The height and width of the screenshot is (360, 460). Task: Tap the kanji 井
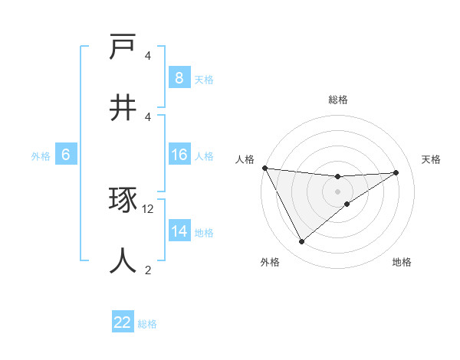coord(123,107)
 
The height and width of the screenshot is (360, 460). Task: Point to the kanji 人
coord(123,260)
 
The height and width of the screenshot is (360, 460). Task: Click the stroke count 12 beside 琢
coord(148,209)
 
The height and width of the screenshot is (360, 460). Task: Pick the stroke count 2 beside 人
coord(148,270)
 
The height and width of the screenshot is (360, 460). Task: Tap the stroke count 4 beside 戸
coord(148,56)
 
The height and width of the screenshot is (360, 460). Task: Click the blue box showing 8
coord(179,77)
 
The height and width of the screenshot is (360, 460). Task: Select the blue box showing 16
coord(179,155)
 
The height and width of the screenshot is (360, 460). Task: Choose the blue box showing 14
coord(179,231)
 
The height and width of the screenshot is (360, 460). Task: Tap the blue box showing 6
coord(66,155)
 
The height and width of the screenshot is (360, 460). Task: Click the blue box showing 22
coord(123,322)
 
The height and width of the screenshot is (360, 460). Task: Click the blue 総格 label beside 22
coord(147,324)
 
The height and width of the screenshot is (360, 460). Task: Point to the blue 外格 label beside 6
coord(41,156)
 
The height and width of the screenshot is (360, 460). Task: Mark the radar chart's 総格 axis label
coord(338,100)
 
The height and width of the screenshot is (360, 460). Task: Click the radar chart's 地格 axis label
coord(402,262)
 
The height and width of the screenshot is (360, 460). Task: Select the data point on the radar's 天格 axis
coord(396,172)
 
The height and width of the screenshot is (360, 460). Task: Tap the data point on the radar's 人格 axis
coord(264,168)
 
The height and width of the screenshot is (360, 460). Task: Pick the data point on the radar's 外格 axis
coord(301,242)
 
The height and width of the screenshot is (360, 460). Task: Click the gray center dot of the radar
coord(338,191)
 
